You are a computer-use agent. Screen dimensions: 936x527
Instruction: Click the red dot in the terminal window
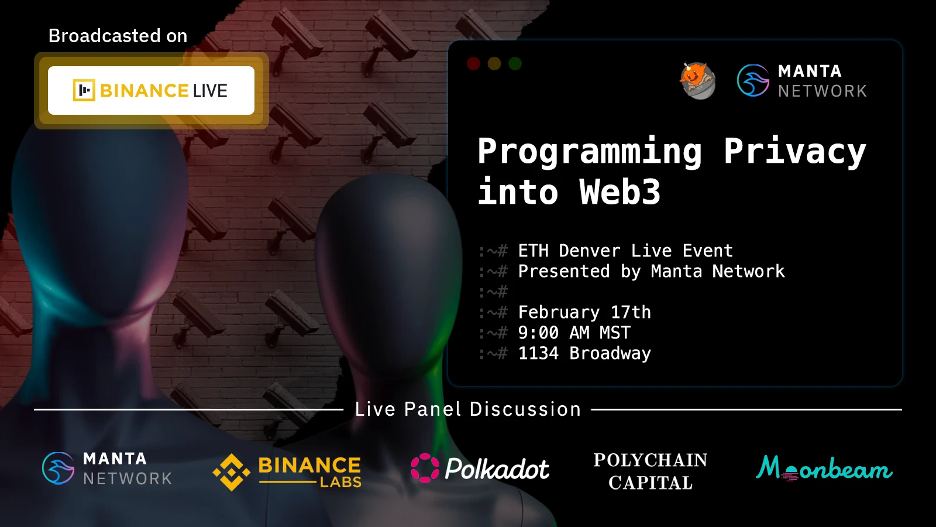[x=473, y=64]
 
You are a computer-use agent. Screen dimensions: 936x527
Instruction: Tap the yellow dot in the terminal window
[x=494, y=64]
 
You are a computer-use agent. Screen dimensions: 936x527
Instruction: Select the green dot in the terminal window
[x=515, y=64]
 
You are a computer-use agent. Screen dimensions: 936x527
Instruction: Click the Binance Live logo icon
[x=84, y=90]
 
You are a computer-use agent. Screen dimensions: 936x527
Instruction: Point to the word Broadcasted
[x=105, y=36]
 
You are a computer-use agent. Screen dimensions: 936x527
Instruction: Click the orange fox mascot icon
[x=697, y=81]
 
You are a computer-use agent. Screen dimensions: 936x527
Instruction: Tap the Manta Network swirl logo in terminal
[x=753, y=81]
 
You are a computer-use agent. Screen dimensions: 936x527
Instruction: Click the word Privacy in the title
[x=795, y=152]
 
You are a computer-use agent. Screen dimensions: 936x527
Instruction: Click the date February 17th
[x=584, y=313]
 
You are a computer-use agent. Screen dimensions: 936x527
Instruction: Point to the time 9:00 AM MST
[x=574, y=333]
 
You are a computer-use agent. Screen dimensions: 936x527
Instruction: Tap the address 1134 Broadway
[x=584, y=354]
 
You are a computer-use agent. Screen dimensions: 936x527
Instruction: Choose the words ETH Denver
[x=570, y=251]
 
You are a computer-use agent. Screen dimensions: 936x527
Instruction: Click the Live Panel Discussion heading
[x=467, y=409]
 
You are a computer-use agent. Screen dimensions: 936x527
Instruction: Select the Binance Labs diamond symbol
[x=232, y=472]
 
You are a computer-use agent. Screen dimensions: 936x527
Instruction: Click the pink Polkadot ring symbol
[x=425, y=468]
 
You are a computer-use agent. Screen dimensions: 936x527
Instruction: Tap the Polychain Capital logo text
[x=650, y=471]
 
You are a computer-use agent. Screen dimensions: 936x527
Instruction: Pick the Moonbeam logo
[x=824, y=468]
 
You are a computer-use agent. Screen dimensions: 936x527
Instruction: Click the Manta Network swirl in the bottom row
[x=58, y=468]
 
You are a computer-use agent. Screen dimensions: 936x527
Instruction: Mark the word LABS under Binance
[x=340, y=482]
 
